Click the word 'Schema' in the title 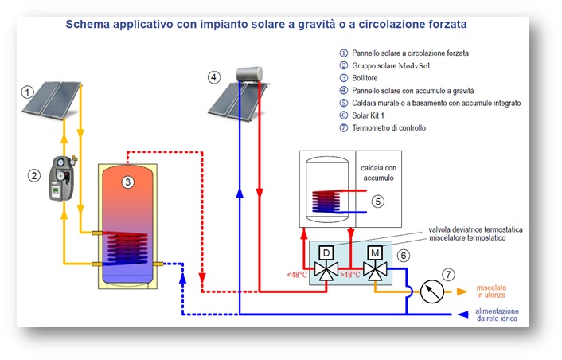[89, 24]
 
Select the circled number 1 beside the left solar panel [27, 92]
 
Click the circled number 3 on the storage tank [127, 182]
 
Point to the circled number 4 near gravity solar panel [213, 77]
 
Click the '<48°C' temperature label [299, 276]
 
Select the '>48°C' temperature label [350, 276]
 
